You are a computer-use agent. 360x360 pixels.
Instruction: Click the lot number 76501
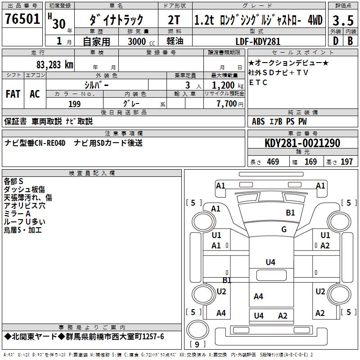[x=22, y=20]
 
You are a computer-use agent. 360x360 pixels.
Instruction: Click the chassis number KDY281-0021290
[x=302, y=144]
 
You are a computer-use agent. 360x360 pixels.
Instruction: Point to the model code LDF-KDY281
[x=258, y=41]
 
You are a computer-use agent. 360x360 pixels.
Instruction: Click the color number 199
[x=74, y=104]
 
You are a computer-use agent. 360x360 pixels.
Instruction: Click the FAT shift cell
[x=13, y=94]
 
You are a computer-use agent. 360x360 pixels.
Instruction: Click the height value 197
[x=346, y=162]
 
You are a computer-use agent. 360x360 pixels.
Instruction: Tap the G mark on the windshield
[x=284, y=229]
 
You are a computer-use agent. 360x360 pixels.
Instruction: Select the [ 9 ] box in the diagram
[x=198, y=345]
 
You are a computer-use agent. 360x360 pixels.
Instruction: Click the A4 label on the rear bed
[x=258, y=296]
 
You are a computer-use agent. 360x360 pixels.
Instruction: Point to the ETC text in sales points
[x=258, y=83]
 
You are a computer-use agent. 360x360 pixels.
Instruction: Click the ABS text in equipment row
[x=259, y=121]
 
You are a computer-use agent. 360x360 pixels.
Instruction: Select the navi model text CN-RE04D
[x=50, y=143]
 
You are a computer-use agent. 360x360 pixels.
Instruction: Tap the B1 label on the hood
[x=290, y=213]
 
